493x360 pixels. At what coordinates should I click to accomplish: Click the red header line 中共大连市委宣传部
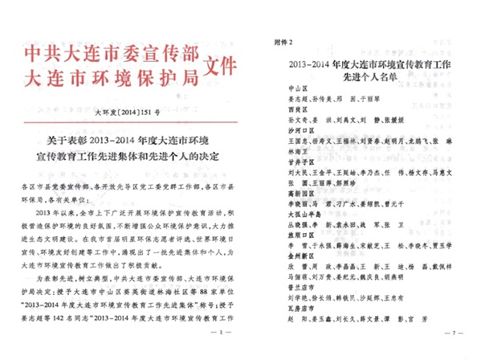(112, 53)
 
